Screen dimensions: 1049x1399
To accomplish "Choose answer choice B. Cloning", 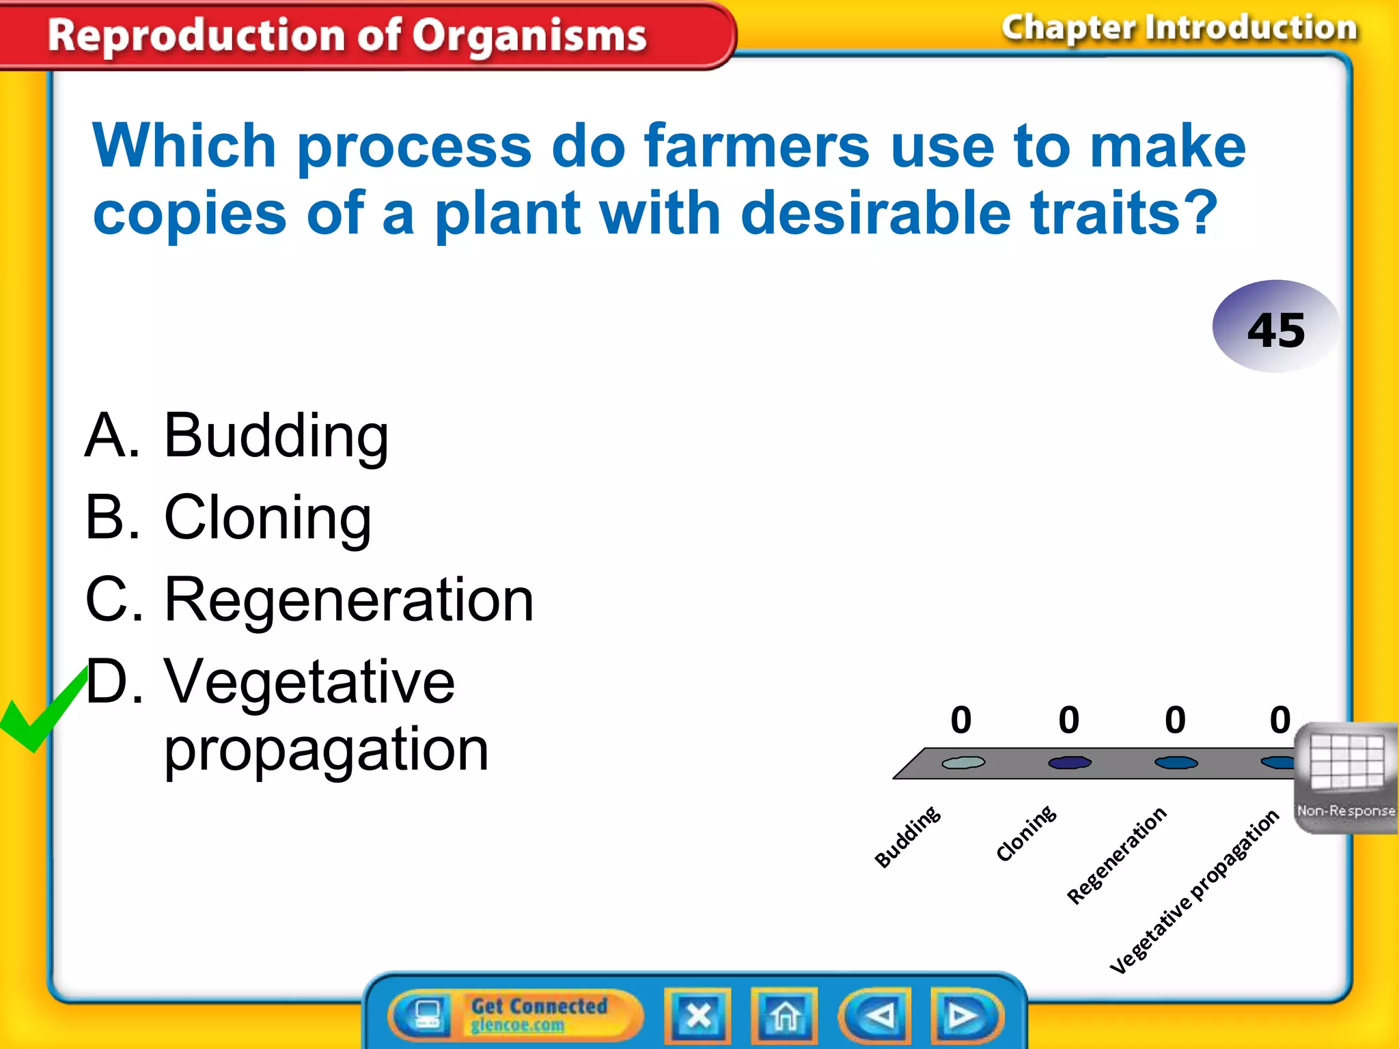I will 228,518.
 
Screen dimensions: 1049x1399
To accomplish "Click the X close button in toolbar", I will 697,1016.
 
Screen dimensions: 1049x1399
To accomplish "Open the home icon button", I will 784,1016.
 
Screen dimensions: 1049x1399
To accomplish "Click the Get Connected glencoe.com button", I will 517,1015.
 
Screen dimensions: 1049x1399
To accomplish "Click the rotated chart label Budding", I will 907,837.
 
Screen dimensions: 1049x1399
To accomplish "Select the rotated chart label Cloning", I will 1026,833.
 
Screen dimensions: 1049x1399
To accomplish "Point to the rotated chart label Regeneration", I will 1116,855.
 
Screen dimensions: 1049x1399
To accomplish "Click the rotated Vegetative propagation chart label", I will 1193,891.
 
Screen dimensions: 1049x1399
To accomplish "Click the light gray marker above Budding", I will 963,762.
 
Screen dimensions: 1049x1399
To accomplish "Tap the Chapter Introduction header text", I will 1179,29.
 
